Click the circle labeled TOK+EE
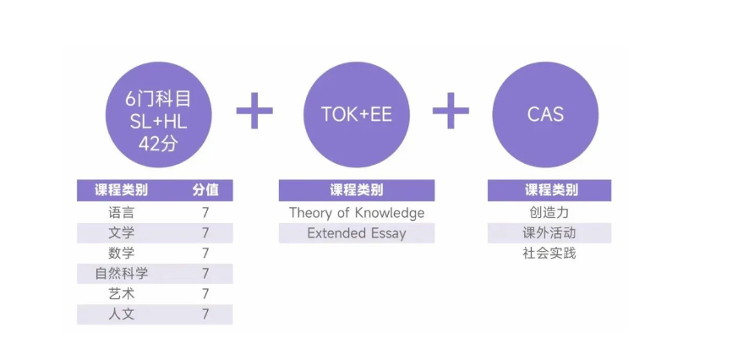[357, 114]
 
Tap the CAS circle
[545, 114]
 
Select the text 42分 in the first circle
[158, 143]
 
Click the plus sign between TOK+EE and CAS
[451, 111]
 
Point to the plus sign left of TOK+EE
[254, 111]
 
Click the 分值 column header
[205, 190]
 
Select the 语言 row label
[121, 212]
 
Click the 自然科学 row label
[121, 274]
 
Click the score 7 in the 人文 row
[205, 314]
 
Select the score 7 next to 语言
[205, 212]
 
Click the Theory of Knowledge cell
[357, 212]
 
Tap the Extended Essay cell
[357, 233]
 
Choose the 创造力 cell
[549, 212]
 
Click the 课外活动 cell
[549, 233]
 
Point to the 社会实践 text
[549, 254]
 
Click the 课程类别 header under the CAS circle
[549, 190]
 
